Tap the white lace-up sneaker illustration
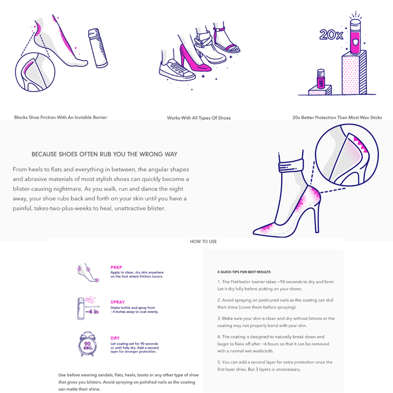[176, 70]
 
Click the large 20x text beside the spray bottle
[331, 35]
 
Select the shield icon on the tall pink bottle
[355, 42]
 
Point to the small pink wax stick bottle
[321, 79]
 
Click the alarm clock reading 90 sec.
[87, 344]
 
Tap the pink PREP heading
[116, 267]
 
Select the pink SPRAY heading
[117, 302]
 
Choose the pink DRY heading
[115, 338]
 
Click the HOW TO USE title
[203, 241]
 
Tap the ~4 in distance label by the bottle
[92, 312]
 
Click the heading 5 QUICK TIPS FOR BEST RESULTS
[244, 272]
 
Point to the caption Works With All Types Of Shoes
[199, 118]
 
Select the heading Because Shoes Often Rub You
[104, 154]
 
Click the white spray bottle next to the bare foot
[98, 48]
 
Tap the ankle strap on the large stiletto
[291, 165]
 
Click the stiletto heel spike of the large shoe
[316, 216]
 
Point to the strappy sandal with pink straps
[226, 40]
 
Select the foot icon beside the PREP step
[88, 273]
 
